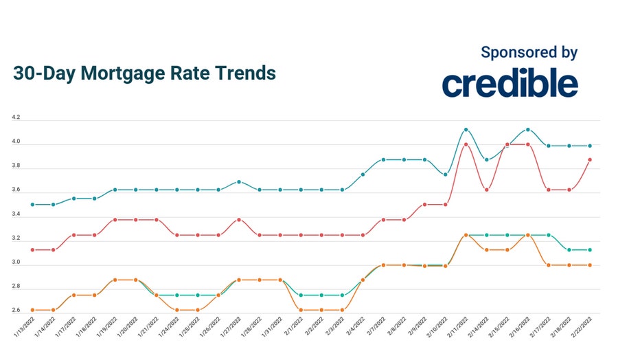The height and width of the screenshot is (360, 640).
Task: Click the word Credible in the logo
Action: click(x=510, y=83)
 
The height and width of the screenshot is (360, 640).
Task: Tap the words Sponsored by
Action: click(x=529, y=52)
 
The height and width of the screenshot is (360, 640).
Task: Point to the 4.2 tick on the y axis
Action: click(x=16, y=118)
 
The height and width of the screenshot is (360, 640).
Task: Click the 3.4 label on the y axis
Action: click(x=16, y=215)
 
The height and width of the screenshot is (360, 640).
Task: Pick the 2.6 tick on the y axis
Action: click(x=16, y=311)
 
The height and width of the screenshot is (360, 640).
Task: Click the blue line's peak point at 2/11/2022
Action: click(x=466, y=129)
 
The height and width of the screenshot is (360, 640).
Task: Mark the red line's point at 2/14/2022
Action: click(x=486, y=190)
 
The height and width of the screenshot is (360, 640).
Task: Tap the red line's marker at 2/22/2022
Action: click(x=589, y=159)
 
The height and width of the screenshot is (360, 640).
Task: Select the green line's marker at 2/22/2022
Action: click(x=589, y=250)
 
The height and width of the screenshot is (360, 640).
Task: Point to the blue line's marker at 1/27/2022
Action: click(x=238, y=182)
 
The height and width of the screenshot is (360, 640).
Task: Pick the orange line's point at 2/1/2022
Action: click(x=301, y=310)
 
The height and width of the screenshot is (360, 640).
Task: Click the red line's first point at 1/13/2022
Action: click(x=32, y=250)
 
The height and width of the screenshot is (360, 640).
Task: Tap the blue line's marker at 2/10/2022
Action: click(x=445, y=175)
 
